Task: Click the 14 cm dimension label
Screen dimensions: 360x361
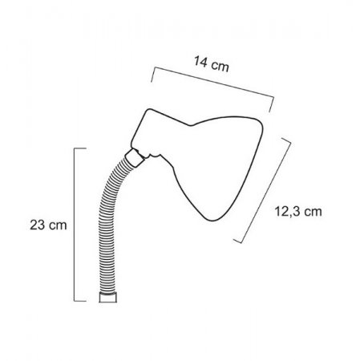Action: point(212,64)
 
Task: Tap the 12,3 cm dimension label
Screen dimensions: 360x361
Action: point(298,212)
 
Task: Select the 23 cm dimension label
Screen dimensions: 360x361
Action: point(48,225)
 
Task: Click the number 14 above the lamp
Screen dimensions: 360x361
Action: point(200,62)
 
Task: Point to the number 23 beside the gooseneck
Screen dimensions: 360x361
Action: point(37,225)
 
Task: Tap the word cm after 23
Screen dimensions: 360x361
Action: point(58,225)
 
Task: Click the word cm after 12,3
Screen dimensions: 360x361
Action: point(313,212)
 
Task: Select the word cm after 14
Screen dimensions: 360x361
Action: point(220,67)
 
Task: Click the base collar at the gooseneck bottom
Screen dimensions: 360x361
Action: point(108,297)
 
